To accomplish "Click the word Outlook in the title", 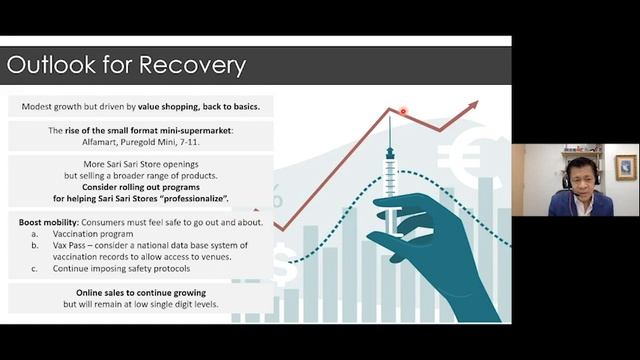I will pos(50,66).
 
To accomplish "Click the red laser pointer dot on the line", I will pos(403,112).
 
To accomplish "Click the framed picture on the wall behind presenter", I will pos(625,166).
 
